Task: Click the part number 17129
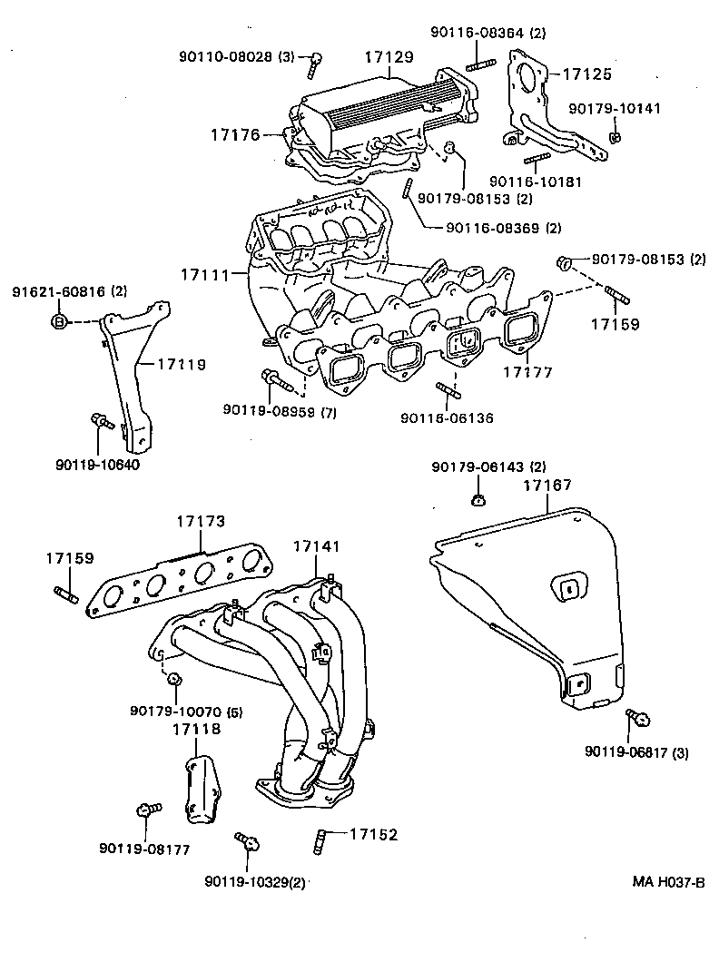(x=389, y=56)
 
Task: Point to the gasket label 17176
(x=235, y=135)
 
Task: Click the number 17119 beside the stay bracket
(x=181, y=365)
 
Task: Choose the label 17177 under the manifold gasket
(x=529, y=371)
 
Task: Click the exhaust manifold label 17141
(x=316, y=546)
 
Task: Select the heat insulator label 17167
(x=547, y=486)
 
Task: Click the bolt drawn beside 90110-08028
(x=314, y=62)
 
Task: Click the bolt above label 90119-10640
(x=100, y=420)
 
